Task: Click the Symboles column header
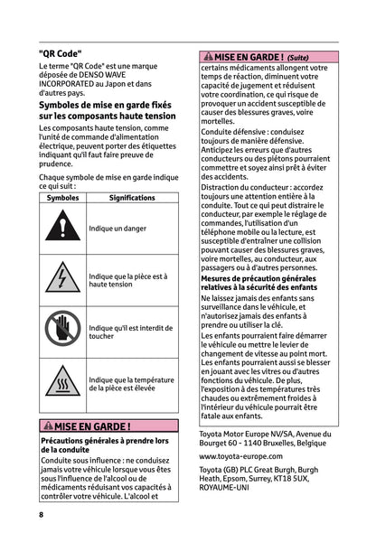click(62, 196)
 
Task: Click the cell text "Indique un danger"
click(119, 229)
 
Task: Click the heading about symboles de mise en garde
click(112, 112)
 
